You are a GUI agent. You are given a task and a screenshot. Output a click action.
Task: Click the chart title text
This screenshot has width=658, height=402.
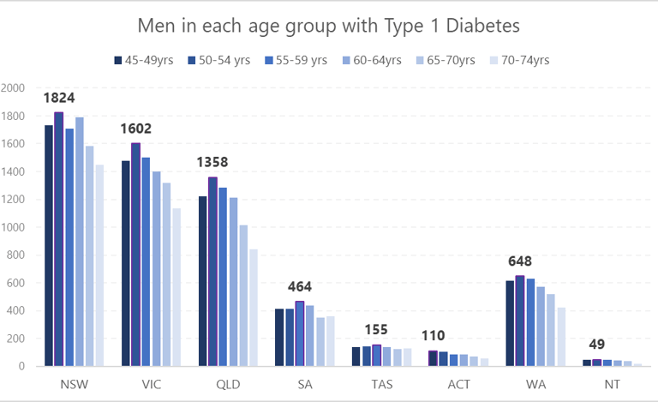[x=328, y=26]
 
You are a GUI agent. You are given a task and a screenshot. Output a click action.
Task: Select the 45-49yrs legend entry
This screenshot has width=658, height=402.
[x=147, y=60]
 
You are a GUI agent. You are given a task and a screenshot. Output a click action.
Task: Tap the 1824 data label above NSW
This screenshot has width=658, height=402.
[x=58, y=99]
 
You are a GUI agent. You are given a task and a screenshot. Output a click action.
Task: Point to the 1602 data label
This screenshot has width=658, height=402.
[x=135, y=129]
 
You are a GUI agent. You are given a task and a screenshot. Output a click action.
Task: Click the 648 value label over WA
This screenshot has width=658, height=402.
[x=520, y=261]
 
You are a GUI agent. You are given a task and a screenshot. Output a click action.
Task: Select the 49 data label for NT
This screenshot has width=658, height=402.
[x=596, y=345]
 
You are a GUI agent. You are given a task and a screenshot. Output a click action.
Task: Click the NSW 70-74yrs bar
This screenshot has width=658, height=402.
[x=99, y=266]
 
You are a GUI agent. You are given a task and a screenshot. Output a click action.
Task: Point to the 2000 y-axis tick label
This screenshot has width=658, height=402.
[x=15, y=88]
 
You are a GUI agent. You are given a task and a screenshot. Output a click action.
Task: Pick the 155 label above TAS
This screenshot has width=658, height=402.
[x=376, y=330]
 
